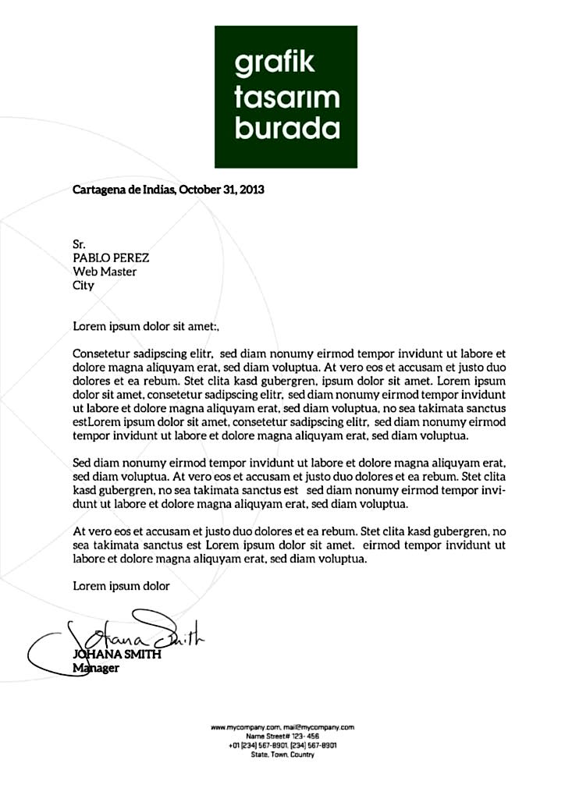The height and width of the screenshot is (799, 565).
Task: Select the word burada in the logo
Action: coord(287,128)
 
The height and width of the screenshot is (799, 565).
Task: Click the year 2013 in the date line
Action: coord(251,189)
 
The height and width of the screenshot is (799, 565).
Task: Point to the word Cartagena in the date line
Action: coord(98,189)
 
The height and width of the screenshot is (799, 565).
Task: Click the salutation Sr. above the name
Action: coord(79,245)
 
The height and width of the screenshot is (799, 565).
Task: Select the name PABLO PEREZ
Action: coord(111,258)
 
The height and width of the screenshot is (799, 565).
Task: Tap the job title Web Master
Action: coord(105,272)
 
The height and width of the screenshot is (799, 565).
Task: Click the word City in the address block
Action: coord(83,285)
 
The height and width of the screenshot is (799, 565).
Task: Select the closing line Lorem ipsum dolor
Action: coord(121,584)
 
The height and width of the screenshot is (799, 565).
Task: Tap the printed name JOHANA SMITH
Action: coord(117,655)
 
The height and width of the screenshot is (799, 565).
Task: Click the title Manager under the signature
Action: coord(95,669)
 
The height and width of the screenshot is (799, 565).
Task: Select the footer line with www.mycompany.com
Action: coord(282,726)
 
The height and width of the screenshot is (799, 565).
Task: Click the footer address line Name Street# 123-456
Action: coord(282,736)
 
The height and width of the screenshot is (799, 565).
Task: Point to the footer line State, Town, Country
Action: coord(282,755)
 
